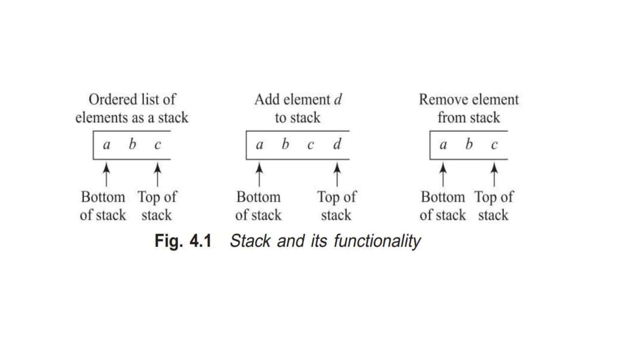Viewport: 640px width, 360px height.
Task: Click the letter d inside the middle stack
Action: (x=337, y=144)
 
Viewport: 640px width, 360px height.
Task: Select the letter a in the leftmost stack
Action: (x=107, y=145)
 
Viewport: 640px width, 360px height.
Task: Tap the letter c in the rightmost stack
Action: (x=494, y=145)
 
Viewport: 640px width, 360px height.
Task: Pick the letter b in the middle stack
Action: (x=285, y=144)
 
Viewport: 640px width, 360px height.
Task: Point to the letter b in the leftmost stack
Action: (x=132, y=144)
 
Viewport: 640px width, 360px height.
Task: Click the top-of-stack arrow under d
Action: (x=337, y=174)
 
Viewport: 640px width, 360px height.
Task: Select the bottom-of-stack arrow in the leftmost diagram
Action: (x=107, y=174)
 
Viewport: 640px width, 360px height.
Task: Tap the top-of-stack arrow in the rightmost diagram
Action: (x=494, y=174)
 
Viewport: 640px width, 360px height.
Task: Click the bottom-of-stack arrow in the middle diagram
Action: (x=259, y=174)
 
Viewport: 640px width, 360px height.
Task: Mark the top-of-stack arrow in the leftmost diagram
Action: (x=157, y=174)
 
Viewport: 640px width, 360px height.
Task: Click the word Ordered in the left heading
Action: (x=107, y=100)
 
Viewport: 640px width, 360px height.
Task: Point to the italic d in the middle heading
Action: (x=338, y=100)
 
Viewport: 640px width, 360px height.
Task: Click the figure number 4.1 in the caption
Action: (x=201, y=241)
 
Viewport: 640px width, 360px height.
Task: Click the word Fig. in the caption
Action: (x=168, y=241)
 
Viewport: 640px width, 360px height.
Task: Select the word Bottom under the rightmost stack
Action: (x=443, y=197)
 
